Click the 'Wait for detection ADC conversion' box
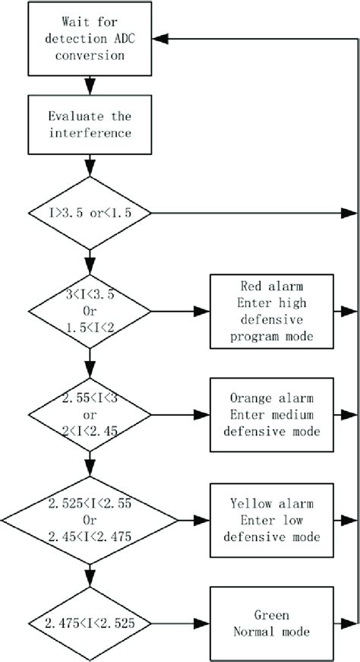pyautogui.click(x=90, y=37)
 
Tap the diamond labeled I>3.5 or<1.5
pyautogui.click(x=90, y=214)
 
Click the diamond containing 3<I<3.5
pyautogui.click(x=90, y=310)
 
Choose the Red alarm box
pyautogui.click(x=271, y=310)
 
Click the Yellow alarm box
pyautogui.click(x=271, y=521)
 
